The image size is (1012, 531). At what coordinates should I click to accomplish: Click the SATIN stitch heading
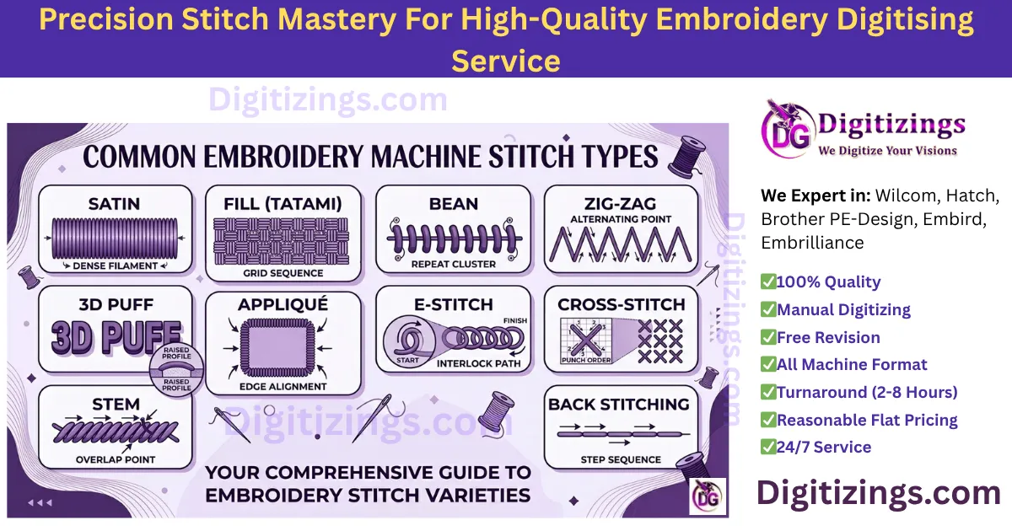pyautogui.click(x=116, y=204)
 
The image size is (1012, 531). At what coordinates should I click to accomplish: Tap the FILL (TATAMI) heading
pyautogui.click(x=283, y=204)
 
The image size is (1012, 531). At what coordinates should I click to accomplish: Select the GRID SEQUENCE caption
pyautogui.click(x=283, y=273)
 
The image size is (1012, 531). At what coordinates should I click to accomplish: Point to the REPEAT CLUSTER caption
pyautogui.click(x=453, y=264)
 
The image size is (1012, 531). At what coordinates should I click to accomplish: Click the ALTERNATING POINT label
pyautogui.click(x=621, y=219)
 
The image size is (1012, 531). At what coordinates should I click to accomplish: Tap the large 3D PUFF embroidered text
pyautogui.click(x=116, y=337)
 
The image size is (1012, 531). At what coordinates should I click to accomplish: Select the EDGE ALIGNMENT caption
pyautogui.click(x=283, y=386)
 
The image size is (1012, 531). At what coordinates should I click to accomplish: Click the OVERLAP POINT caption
pyautogui.click(x=116, y=460)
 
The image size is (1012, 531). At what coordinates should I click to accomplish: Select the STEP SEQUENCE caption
pyautogui.click(x=621, y=459)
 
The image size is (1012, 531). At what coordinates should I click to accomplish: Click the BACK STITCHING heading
pyautogui.click(x=619, y=405)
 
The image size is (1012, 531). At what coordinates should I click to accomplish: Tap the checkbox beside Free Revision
pyautogui.click(x=768, y=337)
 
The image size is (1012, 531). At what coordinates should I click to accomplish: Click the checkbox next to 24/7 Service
pyautogui.click(x=768, y=447)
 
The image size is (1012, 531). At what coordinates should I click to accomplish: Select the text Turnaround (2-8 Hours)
pyautogui.click(x=867, y=392)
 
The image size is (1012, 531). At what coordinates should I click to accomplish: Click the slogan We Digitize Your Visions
pyautogui.click(x=887, y=151)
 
